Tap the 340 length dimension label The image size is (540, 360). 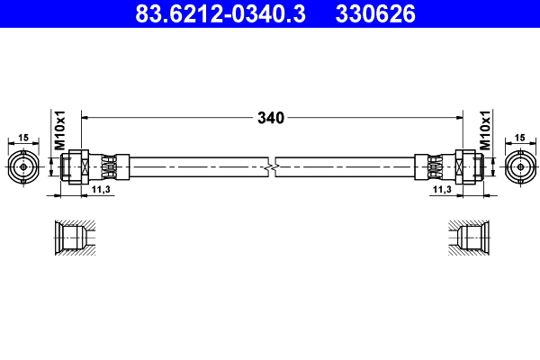click(270, 117)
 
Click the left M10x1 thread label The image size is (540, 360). click(60, 130)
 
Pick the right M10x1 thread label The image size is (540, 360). click(484, 130)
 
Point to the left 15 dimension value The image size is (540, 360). click(22, 137)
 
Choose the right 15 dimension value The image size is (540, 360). click(520, 137)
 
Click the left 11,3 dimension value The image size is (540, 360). click(101, 191)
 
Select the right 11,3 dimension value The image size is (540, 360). click(442, 191)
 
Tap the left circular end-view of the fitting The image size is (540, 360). click(22, 166)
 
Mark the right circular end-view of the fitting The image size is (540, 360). click(519, 166)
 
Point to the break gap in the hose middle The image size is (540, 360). click(271, 166)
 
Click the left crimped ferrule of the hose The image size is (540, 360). click(112, 166)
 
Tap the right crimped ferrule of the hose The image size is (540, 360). click(431, 166)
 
